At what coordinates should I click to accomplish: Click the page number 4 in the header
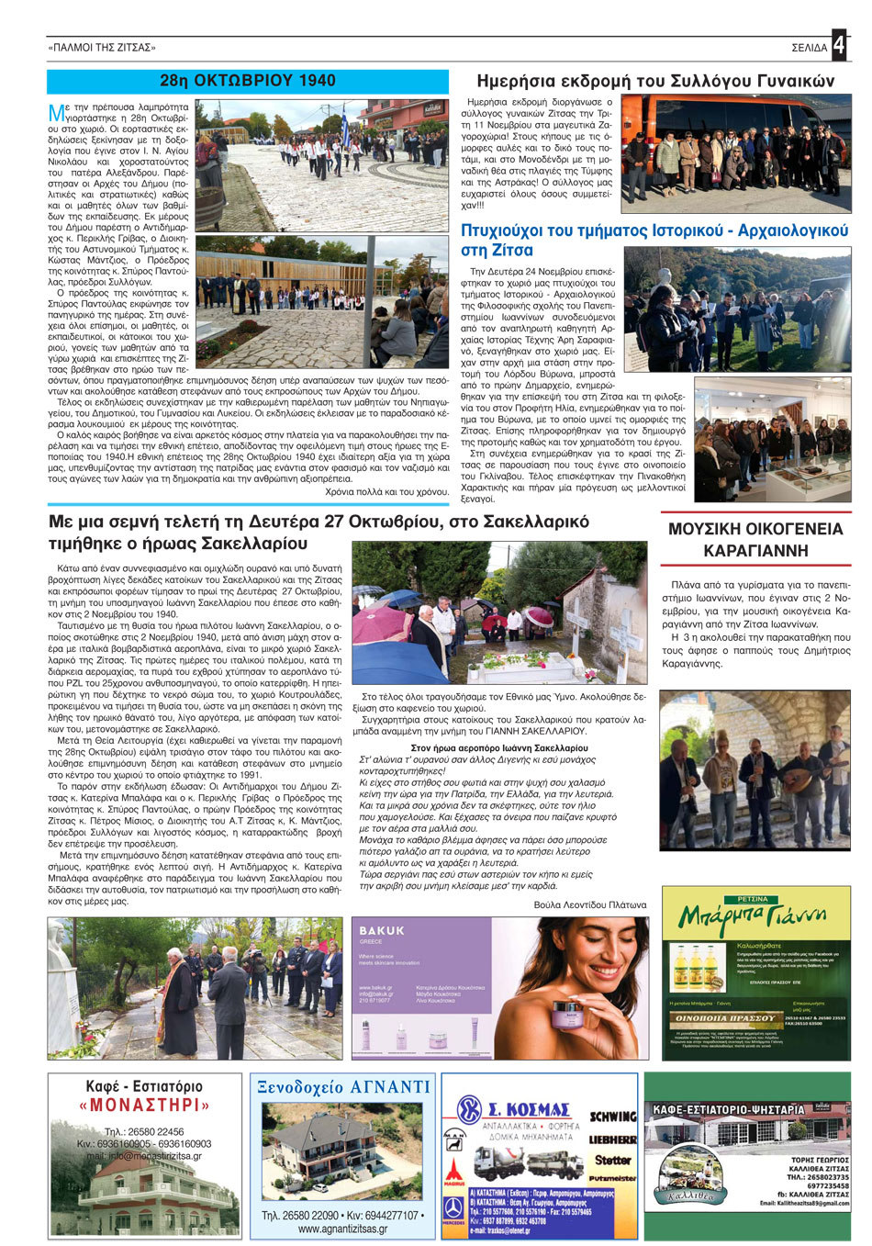pyautogui.click(x=840, y=46)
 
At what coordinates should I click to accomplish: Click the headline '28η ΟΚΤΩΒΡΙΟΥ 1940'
pyautogui.click(x=248, y=81)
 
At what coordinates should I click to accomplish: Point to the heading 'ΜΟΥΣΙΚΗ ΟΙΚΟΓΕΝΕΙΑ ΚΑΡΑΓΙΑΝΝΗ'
pyautogui.click(x=755, y=540)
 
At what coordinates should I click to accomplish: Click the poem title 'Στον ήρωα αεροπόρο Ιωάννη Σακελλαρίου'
pyautogui.click(x=499, y=748)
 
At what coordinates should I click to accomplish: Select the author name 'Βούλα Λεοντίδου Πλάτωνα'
pyautogui.click(x=589, y=904)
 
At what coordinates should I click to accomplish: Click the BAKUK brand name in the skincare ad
pyautogui.click(x=382, y=930)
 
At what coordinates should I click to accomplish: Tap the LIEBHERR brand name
pyautogui.click(x=612, y=1139)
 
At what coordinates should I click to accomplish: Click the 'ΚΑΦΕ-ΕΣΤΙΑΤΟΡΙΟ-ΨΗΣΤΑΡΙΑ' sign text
pyautogui.click(x=728, y=1110)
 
